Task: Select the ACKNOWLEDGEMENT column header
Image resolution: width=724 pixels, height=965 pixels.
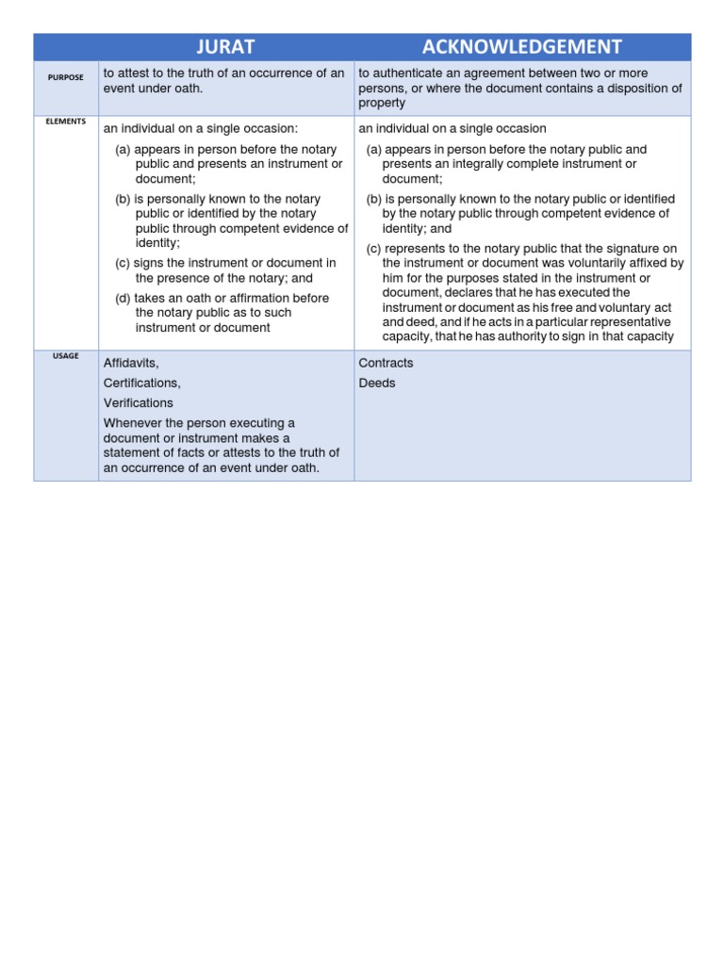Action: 522,47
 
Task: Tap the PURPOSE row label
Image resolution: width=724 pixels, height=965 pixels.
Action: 66,77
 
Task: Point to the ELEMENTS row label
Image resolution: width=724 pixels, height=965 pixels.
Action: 66,122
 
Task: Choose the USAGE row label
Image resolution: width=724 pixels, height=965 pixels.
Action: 66,355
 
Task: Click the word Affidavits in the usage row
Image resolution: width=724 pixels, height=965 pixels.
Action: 130,363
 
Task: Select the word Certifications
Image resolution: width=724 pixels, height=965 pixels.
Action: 141,383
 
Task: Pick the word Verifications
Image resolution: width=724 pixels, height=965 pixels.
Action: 138,402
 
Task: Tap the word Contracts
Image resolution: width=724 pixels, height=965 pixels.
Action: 386,363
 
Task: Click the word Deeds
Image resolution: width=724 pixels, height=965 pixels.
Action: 377,383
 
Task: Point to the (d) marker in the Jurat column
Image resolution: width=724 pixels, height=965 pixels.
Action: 123,298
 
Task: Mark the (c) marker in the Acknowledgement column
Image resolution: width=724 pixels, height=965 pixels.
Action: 374,248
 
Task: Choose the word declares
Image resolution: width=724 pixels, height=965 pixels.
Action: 469,292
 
